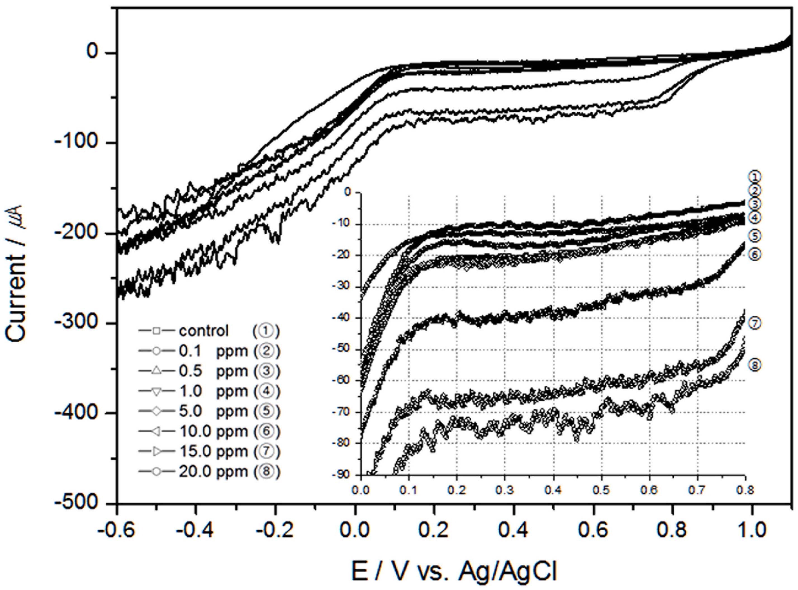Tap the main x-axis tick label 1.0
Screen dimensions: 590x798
pos(752,531)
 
